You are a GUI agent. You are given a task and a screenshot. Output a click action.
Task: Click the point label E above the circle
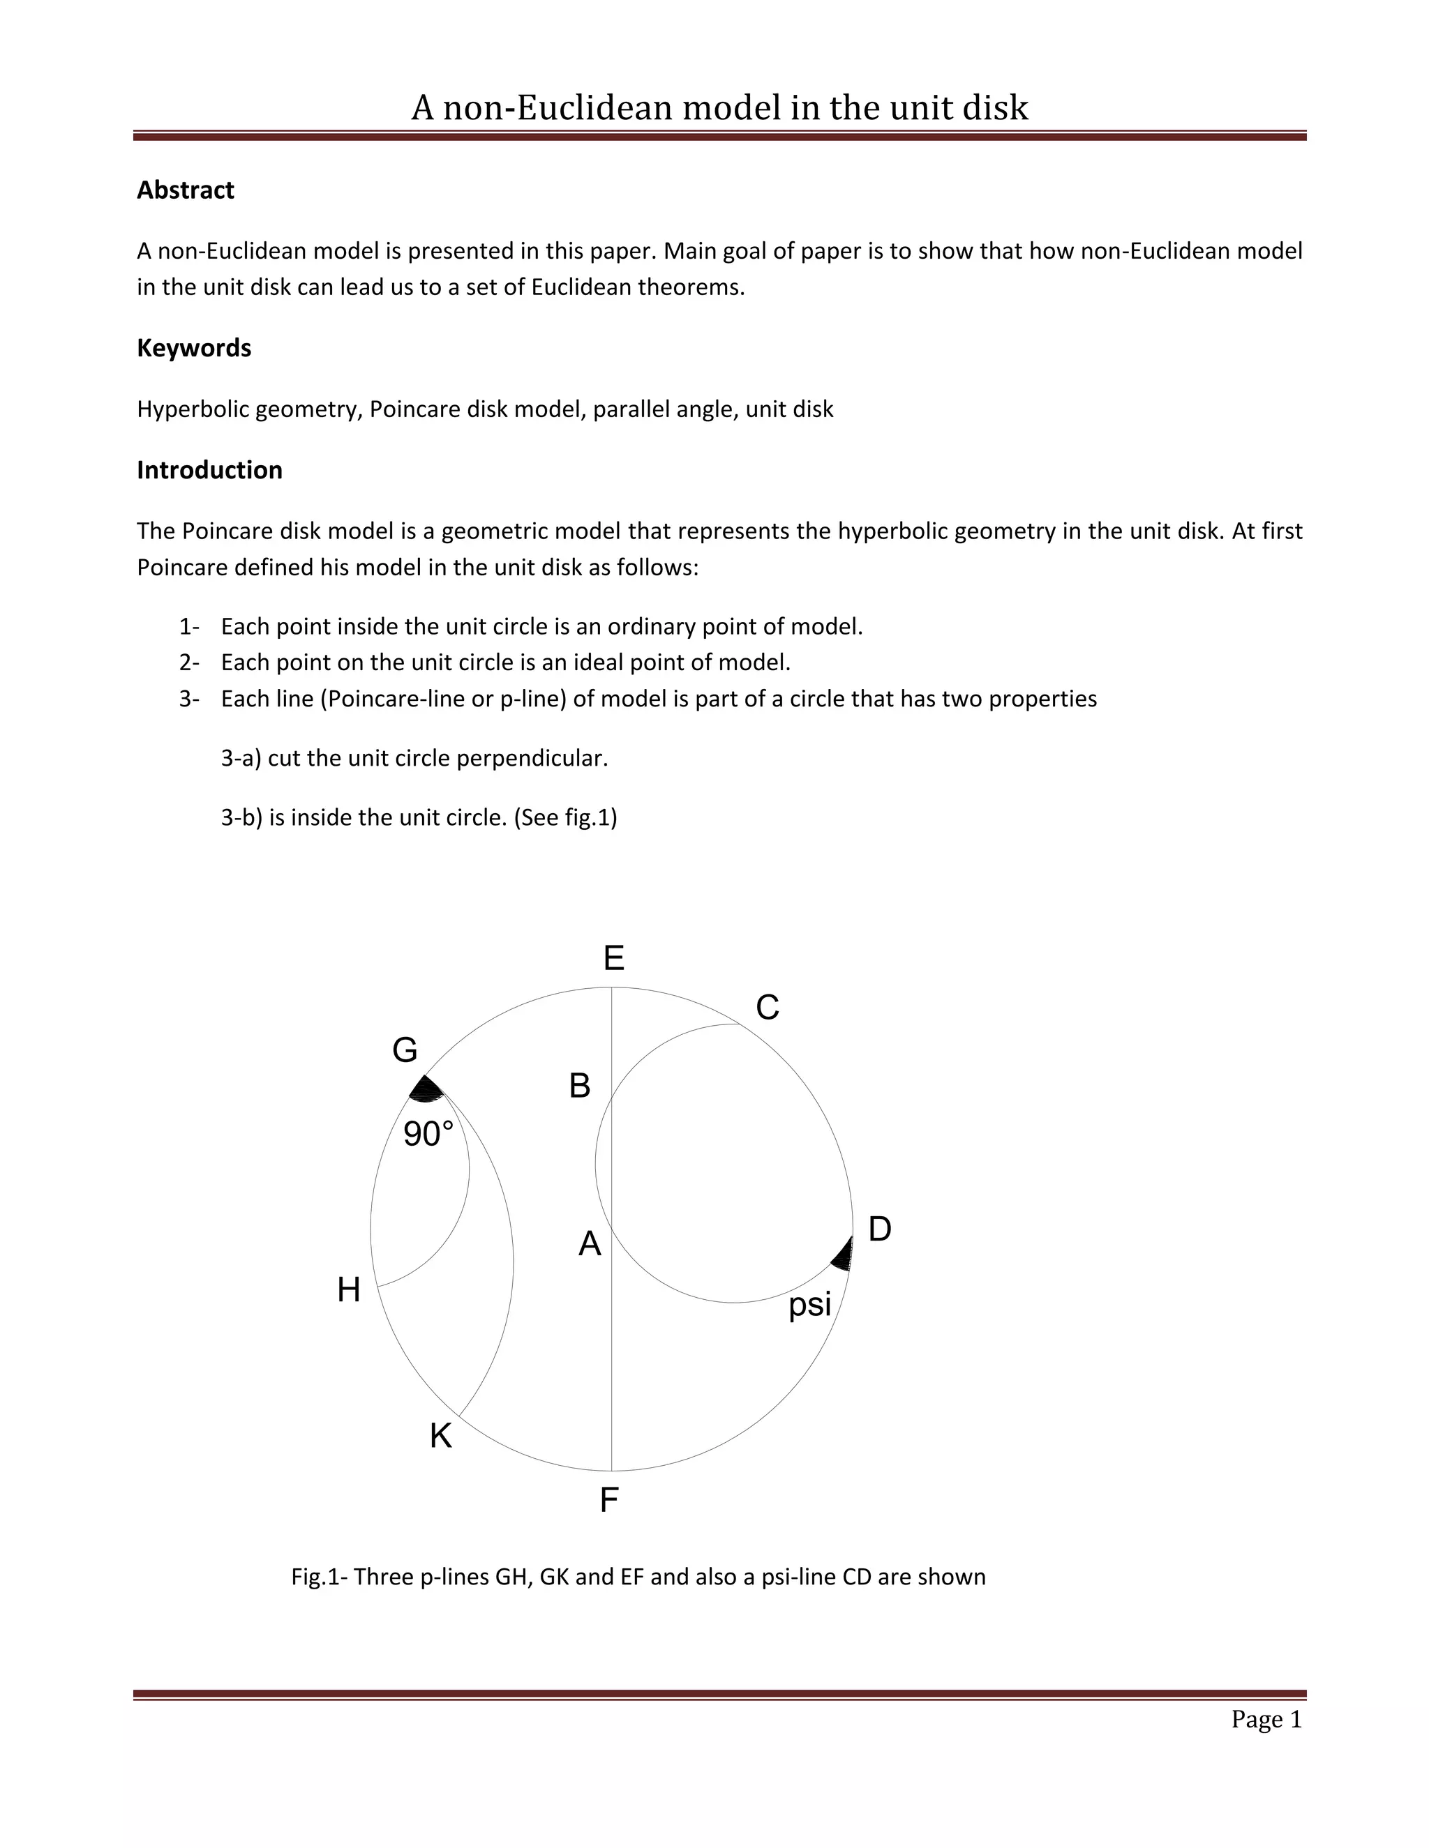coord(614,959)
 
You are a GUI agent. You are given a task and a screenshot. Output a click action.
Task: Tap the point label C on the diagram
coord(767,1008)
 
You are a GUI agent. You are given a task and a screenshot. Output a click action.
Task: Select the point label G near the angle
coord(405,1050)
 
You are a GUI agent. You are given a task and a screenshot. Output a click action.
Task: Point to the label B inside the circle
coord(579,1086)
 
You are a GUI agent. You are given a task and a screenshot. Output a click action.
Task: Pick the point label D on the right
coord(880,1229)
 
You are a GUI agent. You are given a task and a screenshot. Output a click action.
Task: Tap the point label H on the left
coord(349,1290)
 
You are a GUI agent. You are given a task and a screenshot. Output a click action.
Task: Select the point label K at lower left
coord(440,1436)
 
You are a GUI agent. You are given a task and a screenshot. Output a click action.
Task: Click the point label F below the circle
coord(608,1500)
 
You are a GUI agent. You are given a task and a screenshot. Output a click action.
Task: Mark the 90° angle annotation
coord(428,1134)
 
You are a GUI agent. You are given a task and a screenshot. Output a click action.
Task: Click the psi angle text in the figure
coord(809,1305)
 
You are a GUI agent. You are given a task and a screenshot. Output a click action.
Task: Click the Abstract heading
coord(186,190)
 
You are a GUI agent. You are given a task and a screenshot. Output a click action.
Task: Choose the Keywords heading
coord(194,348)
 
